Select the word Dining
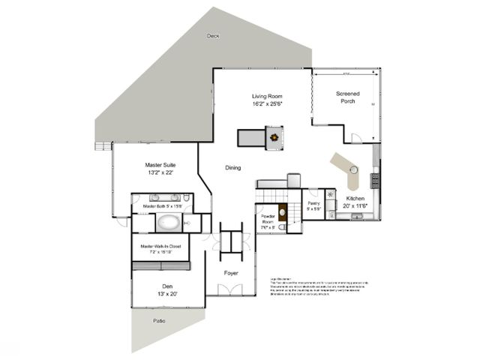(x=233, y=167)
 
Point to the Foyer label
(x=231, y=272)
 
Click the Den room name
(x=167, y=286)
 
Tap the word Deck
(x=214, y=35)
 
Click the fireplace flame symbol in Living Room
(x=275, y=138)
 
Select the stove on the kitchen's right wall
(x=375, y=179)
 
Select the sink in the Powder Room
(x=283, y=225)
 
